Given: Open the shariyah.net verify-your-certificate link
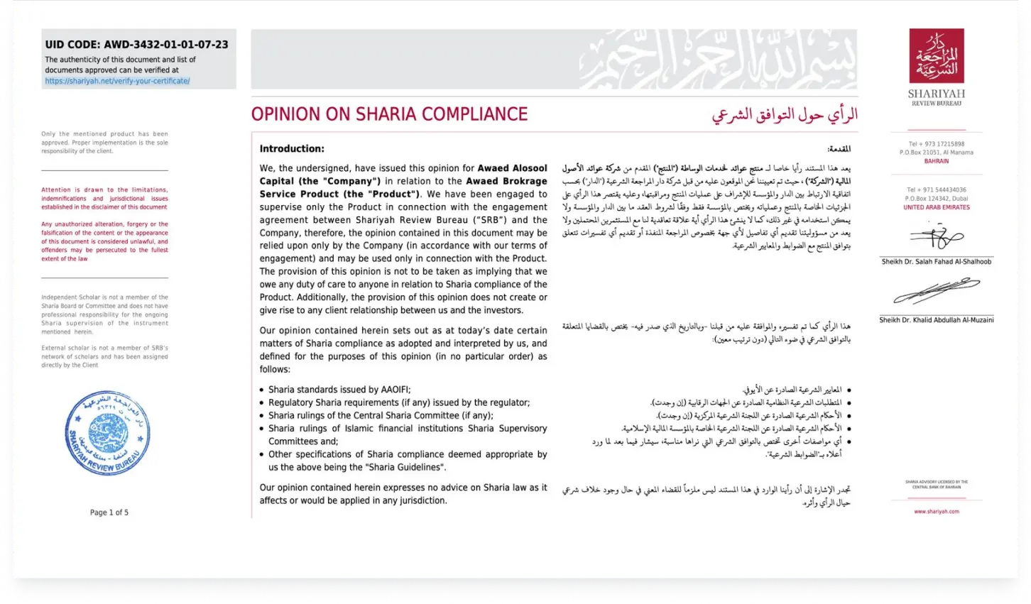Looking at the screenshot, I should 117,81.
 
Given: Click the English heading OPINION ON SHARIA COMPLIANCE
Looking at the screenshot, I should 389,114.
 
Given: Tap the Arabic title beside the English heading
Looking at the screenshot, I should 785,114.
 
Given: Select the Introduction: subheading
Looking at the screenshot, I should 292,149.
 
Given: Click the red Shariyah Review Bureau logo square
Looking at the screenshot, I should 937,56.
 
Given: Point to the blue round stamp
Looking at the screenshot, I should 108,432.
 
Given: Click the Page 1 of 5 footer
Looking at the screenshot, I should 109,512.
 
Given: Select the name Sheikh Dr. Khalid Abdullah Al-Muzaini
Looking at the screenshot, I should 936,320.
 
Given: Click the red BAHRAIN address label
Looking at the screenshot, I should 936,161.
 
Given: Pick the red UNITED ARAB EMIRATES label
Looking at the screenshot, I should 936,207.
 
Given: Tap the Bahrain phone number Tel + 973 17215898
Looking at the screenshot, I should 936,144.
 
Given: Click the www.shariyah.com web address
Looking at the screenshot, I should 936,511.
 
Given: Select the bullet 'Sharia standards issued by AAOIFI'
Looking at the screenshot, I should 339,390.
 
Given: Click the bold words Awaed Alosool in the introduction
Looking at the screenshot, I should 512,168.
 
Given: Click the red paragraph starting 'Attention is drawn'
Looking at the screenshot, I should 104,199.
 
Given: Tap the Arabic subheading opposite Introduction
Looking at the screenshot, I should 839,149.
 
